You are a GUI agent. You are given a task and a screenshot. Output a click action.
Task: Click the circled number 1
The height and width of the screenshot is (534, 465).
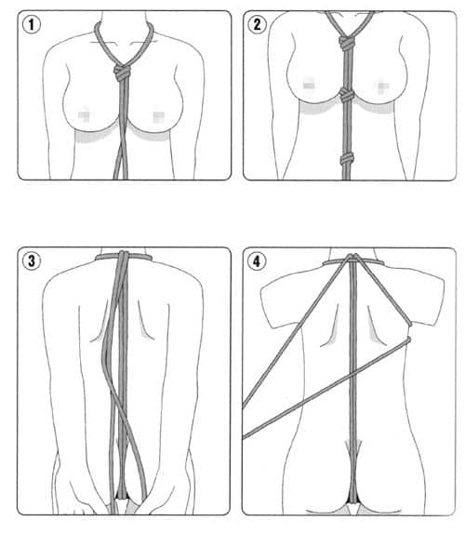pos(32,24)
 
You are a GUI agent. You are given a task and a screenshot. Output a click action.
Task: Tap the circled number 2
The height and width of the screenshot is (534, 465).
pos(258,24)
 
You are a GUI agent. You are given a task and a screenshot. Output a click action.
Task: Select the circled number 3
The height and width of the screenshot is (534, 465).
pos(32,261)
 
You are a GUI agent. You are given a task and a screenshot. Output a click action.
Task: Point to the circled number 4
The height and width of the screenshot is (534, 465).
pos(257,261)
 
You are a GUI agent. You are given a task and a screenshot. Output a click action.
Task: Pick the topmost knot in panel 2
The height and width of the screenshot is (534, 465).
pos(347,43)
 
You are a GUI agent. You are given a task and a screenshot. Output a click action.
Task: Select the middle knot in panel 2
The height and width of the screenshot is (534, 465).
pos(347,95)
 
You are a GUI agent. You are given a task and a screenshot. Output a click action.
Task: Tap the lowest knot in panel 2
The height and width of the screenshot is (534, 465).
pos(347,159)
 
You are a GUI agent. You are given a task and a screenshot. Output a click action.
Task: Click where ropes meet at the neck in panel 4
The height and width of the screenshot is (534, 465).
pos(352,258)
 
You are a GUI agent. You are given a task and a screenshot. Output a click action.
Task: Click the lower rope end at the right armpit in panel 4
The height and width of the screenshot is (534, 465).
pos(408,340)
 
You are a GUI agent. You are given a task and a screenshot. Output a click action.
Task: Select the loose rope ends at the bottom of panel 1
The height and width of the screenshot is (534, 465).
pos(121,163)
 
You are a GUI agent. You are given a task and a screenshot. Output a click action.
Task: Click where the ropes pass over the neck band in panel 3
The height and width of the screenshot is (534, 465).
pos(124,256)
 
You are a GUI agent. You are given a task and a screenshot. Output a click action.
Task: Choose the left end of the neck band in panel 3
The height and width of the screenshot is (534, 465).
pos(97,257)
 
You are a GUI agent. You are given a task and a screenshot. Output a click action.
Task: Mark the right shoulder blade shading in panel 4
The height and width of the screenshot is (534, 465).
pos(375,332)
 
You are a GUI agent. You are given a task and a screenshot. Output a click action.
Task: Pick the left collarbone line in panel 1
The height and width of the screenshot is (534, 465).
pos(103,42)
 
